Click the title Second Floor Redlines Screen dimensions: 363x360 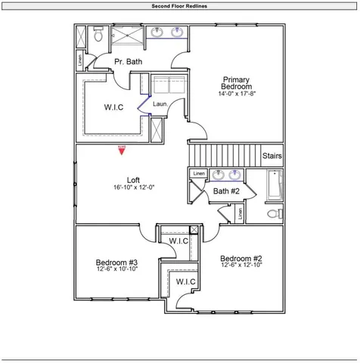tap(180, 5)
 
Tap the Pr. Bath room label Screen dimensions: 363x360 tap(129, 61)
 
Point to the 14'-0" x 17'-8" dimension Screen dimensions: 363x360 tap(237, 95)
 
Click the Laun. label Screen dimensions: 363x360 tap(160, 104)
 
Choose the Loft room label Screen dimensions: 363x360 tap(133, 179)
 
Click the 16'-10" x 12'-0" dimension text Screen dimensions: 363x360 tap(133, 188)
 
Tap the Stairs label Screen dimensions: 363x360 tap(272, 157)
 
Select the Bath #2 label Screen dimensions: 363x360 tap(225, 191)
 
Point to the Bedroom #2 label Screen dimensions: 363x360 tap(241, 258)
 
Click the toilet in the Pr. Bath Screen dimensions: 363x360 tap(98, 35)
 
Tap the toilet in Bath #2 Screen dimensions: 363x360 tap(274, 214)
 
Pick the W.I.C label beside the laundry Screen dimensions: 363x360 tap(113, 107)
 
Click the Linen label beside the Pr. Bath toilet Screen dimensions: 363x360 tap(80, 59)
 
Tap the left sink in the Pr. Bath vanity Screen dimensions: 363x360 tap(158, 33)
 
